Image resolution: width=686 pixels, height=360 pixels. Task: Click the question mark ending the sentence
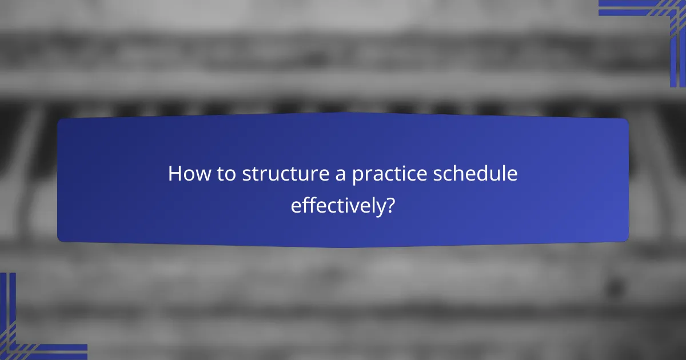[x=389, y=205]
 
